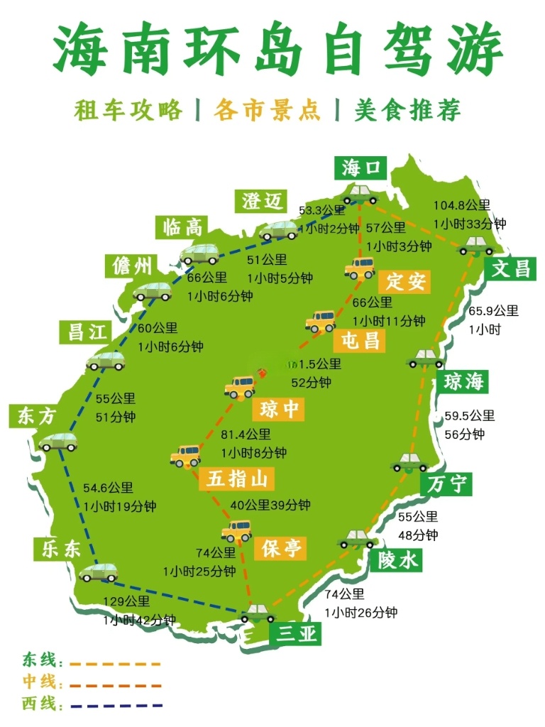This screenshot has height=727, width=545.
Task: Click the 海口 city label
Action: tap(361, 169)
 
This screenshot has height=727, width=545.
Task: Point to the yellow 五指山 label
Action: tap(236, 479)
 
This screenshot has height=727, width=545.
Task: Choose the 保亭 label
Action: tap(282, 547)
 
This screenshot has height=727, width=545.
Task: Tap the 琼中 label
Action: tap(277, 409)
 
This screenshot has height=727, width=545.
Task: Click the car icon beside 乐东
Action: tap(99, 572)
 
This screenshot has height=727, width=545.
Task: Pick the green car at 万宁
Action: tap(409, 463)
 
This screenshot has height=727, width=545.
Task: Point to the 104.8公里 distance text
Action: tap(462, 206)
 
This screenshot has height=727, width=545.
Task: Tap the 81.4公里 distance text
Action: tap(246, 434)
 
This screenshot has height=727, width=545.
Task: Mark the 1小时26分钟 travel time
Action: tap(361, 613)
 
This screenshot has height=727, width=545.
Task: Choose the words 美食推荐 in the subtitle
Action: tap(407, 110)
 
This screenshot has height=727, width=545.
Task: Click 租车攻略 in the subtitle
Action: tap(128, 110)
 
